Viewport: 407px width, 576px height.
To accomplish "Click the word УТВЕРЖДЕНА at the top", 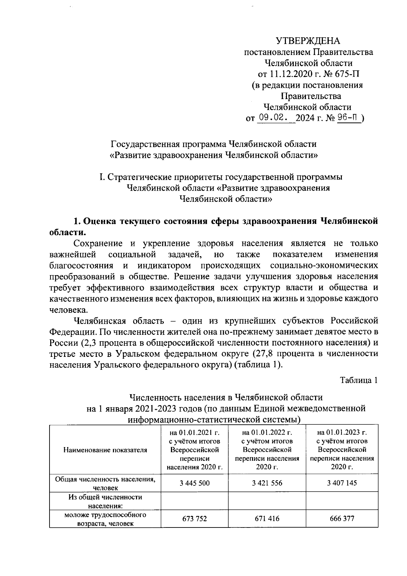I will pos(308,41).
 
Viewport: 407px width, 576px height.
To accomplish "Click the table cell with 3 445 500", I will pos(195,483).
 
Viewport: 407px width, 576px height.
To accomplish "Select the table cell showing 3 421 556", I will pos(267,483).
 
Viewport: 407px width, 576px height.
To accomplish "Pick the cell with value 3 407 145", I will pos(342,483).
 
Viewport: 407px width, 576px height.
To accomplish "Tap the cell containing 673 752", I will pos(195,519).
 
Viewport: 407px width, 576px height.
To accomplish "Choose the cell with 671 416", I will pos(267,519).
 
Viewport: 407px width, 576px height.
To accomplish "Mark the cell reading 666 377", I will pos(342,519).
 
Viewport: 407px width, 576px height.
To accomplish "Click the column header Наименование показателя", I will pos(105,450).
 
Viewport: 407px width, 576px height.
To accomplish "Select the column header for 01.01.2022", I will pos(267,450).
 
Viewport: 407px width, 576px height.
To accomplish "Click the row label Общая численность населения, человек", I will pos(105,483).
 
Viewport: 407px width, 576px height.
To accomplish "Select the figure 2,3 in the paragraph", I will pos(89,343).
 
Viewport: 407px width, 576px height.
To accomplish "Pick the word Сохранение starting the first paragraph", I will pos(98,244).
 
